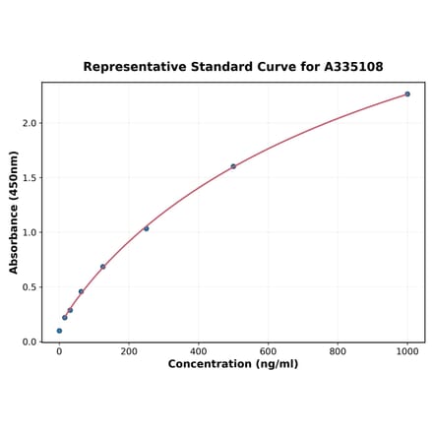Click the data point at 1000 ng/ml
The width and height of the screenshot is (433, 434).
click(407, 94)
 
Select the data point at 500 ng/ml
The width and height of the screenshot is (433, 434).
click(233, 166)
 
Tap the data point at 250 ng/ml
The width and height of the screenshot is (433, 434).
click(146, 228)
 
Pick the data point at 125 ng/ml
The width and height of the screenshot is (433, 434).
click(102, 267)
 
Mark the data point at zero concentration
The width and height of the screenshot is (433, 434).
click(59, 331)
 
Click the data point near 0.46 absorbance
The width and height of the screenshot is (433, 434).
click(81, 291)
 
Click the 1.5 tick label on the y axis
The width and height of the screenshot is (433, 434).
click(29, 178)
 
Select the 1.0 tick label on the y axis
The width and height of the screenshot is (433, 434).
click(29, 233)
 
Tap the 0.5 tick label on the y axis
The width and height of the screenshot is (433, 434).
click(29, 287)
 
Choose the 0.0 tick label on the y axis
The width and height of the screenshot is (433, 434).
click(29, 342)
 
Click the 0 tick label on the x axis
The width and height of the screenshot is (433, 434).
click(59, 351)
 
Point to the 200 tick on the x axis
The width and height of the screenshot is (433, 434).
click(129, 351)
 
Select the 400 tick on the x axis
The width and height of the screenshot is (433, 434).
click(199, 351)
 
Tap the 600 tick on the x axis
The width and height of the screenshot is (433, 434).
click(268, 351)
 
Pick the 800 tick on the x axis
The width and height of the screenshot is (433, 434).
click(338, 351)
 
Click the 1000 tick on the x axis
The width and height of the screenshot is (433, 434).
click(407, 351)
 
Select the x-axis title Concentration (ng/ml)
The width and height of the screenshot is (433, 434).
click(233, 364)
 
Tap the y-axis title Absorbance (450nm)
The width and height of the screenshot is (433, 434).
click(14, 212)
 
